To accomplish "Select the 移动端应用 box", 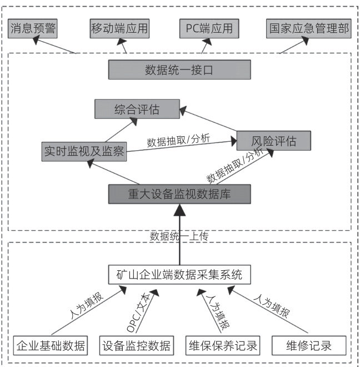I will [x=119, y=28].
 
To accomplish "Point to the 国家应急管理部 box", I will [x=309, y=28].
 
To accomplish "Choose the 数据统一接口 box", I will [x=179, y=70].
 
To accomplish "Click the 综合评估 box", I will [x=137, y=110].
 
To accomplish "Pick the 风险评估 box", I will [x=273, y=141].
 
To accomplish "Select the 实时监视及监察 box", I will [x=84, y=151].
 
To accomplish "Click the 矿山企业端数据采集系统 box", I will [x=179, y=275].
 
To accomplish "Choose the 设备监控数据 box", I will [x=136, y=345].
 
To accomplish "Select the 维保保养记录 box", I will [x=222, y=345].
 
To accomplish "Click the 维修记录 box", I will [x=309, y=345].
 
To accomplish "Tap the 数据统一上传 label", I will [x=179, y=236].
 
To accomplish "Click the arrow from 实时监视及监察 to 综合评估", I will [x=119, y=130].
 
